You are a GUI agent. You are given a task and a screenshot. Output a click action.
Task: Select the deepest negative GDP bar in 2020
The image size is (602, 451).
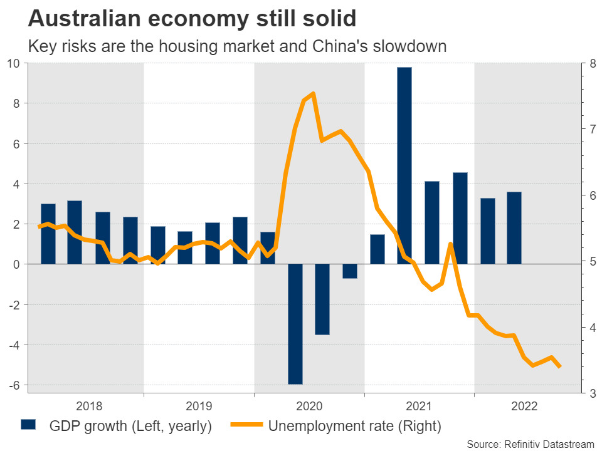pos(295,324)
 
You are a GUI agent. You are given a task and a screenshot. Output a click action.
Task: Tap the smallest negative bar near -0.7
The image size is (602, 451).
pos(350,271)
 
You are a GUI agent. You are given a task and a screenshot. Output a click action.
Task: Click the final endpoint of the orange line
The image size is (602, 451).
pos(559,366)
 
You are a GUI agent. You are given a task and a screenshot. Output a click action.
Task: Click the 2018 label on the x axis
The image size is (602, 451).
pos(89,406)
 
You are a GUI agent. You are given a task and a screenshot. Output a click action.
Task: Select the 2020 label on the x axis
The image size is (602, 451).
pos(309,406)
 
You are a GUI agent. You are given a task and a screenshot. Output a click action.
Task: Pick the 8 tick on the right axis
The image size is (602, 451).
pos(589,63)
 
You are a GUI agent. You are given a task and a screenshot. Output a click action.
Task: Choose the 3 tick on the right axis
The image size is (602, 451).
pos(589,393)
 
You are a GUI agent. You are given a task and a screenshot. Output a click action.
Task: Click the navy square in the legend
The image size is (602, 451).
pos(29,426)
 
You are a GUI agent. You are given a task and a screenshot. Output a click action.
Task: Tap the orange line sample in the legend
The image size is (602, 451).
pos(246,426)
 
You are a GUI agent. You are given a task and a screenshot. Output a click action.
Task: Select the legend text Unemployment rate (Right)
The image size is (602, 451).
pos(355,427)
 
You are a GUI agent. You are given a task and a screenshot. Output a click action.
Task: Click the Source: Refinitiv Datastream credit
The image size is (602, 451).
pos(530,443)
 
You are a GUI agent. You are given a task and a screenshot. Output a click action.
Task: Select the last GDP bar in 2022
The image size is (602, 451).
pos(514,228)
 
